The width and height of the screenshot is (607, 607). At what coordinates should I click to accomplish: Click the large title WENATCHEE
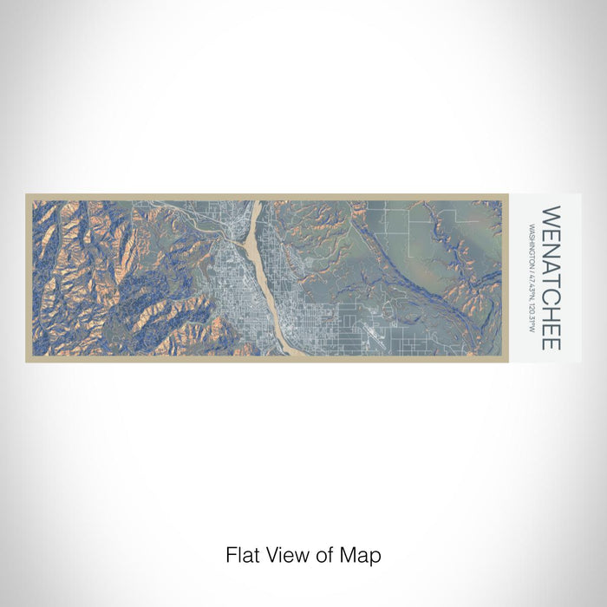(551, 277)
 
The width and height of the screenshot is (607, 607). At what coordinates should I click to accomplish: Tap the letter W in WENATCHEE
(551, 213)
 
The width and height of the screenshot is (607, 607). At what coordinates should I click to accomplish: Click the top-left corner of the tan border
(27, 195)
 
